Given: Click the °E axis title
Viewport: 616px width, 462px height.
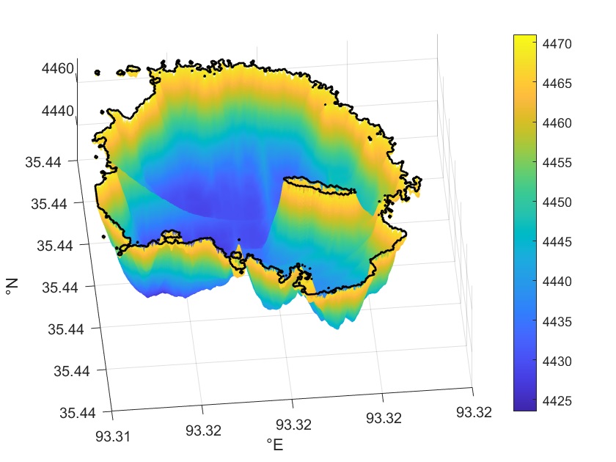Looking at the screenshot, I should click(274, 445).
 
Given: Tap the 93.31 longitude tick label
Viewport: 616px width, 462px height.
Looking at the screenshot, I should click(113, 436).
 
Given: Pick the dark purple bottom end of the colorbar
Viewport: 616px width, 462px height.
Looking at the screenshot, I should click(524, 407).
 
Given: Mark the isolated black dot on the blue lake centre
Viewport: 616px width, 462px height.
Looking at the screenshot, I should click(238, 238).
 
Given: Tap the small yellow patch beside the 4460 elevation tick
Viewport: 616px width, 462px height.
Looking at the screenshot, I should click(132, 72).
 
